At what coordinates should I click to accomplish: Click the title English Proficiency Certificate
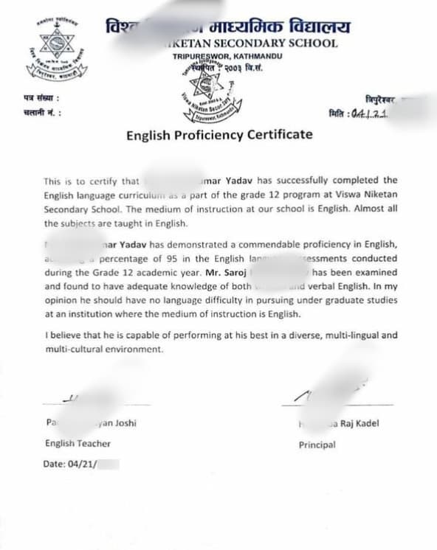pyautogui.click(x=218, y=135)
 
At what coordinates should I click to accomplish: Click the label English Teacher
pyautogui.click(x=78, y=443)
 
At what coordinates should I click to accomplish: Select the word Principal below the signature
pyautogui.click(x=317, y=445)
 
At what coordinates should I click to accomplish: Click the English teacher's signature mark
pyautogui.click(x=71, y=398)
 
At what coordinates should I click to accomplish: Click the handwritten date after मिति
pyautogui.click(x=371, y=114)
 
